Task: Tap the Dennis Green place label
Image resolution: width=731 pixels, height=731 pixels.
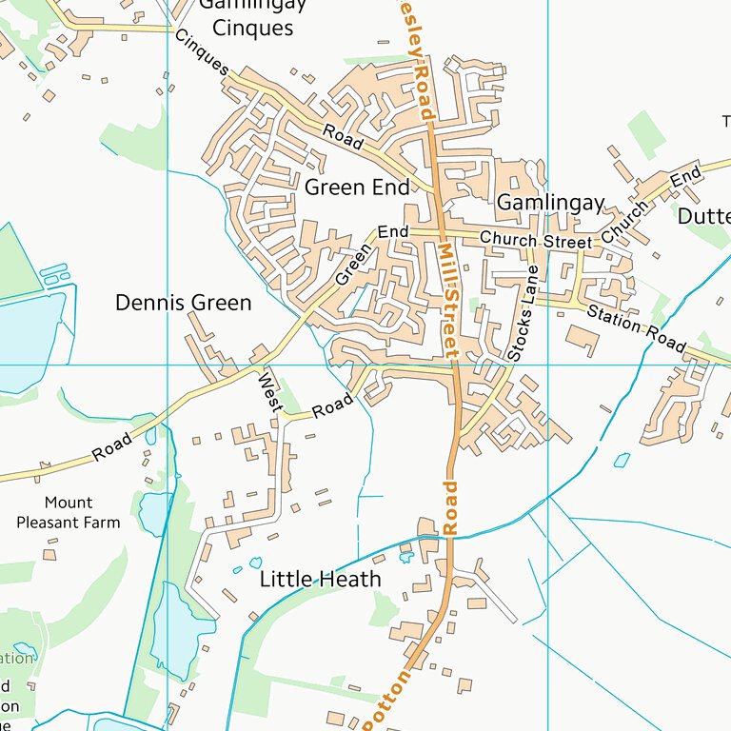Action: [183, 303]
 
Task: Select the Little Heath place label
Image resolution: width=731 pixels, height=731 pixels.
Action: [320, 579]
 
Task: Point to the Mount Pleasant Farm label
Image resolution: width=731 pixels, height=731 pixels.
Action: [69, 512]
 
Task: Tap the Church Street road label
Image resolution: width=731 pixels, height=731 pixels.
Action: [535, 242]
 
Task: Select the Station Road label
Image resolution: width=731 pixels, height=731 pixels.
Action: [635, 327]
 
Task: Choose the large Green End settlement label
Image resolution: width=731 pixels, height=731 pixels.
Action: [357, 187]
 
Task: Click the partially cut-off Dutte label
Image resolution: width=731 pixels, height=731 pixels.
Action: [703, 216]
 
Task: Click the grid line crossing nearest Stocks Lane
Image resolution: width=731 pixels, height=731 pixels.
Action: [548, 365]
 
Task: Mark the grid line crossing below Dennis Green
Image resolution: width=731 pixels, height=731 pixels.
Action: [168, 365]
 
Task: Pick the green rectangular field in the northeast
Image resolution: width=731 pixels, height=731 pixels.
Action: [647, 134]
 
